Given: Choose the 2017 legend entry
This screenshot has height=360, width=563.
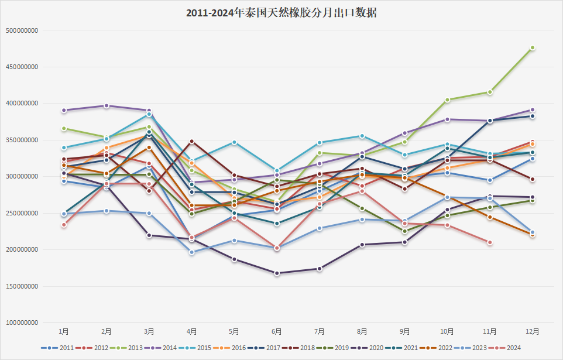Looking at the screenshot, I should (x=271, y=348).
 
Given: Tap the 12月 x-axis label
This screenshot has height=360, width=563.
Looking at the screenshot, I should (x=533, y=332).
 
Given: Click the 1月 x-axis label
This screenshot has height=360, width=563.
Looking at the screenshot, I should (x=63, y=332).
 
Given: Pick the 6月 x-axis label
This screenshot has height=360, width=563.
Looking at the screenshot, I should (x=277, y=332).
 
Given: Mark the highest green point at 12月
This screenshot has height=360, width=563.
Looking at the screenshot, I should (x=533, y=48).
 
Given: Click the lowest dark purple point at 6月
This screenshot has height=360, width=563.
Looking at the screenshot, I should (x=277, y=273).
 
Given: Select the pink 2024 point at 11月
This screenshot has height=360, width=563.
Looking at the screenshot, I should (x=490, y=242).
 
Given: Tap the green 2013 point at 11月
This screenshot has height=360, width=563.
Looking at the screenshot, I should (x=490, y=92).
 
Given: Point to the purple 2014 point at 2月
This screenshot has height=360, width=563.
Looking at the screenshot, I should (x=107, y=106).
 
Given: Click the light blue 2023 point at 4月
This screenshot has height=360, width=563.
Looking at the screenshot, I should (x=191, y=252).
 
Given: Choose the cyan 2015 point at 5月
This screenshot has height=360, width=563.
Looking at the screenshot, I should (x=234, y=142).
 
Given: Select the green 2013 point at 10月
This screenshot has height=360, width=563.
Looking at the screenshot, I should (x=447, y=100).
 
